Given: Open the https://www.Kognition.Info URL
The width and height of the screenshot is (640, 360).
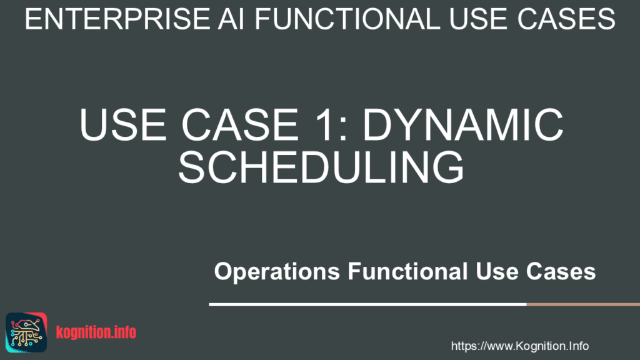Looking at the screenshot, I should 519,346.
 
